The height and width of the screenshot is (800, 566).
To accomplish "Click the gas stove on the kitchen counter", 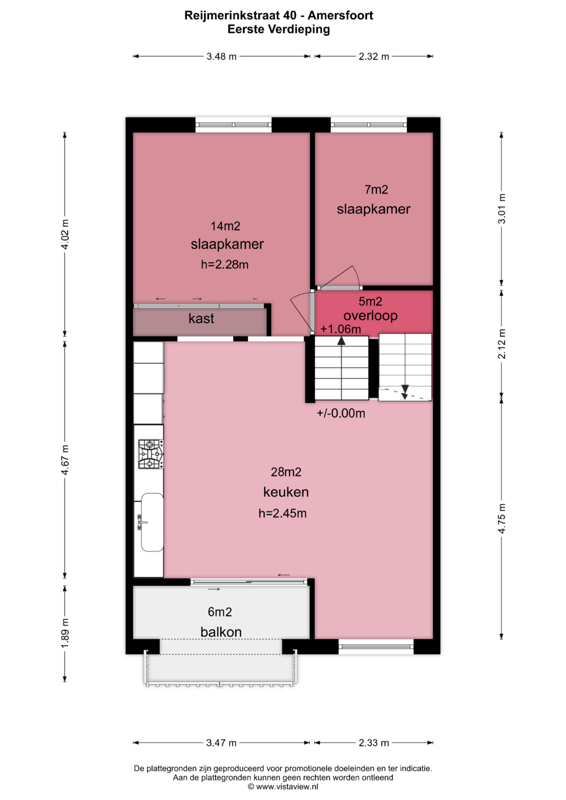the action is point(151,454).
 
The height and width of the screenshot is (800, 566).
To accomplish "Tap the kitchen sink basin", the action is point(152,522).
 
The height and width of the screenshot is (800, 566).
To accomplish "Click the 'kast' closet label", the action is point(201,318).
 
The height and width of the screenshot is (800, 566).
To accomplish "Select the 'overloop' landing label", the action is point(370,316).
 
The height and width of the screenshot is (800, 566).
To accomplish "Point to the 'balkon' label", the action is point(221,632).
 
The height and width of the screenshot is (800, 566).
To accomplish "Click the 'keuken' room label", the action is point(286,492).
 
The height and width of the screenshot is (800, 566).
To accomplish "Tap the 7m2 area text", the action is point(376,189).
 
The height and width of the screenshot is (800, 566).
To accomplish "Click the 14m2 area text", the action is point(225,226).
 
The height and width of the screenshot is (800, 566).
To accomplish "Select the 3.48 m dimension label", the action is point(222,57).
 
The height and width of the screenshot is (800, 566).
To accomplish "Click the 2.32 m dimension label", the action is point(374,57).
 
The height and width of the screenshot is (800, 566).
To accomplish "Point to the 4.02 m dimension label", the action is point(64,235).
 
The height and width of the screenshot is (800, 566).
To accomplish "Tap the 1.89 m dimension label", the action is point(64,633).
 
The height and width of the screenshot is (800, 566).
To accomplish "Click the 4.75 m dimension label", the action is point(502,518).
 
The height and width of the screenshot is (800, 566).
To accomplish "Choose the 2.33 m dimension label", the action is point(374,743).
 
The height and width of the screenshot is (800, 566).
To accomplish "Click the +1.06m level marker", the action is point(341,329).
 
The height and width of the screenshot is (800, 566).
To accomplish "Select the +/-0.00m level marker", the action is point(341,413).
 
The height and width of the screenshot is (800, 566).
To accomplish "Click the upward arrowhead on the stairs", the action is point(342,341).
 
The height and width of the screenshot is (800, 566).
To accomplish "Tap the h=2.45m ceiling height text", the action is point(282,513).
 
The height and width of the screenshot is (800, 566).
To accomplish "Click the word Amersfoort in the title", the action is point(340,15).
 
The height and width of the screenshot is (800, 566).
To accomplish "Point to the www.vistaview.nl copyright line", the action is point(283,786).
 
